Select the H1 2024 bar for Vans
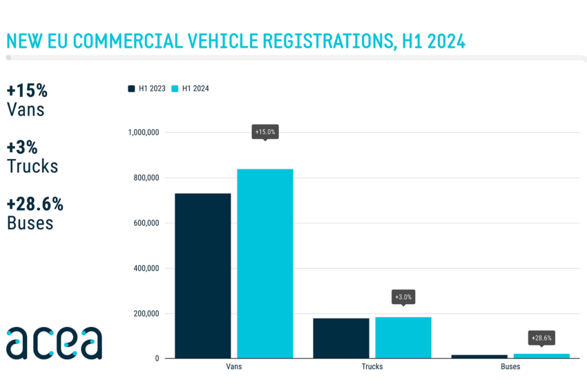264,263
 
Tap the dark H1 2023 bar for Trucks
340,338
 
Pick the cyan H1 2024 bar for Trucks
403,337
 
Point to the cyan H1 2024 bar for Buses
541,356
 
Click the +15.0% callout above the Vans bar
265,131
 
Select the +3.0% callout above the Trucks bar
403,297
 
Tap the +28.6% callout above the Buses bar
541,338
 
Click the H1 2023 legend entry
147,88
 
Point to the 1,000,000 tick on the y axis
144,132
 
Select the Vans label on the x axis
233,366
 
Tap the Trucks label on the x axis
372,366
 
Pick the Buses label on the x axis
510,366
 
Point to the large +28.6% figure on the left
35,205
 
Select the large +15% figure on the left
27,91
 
